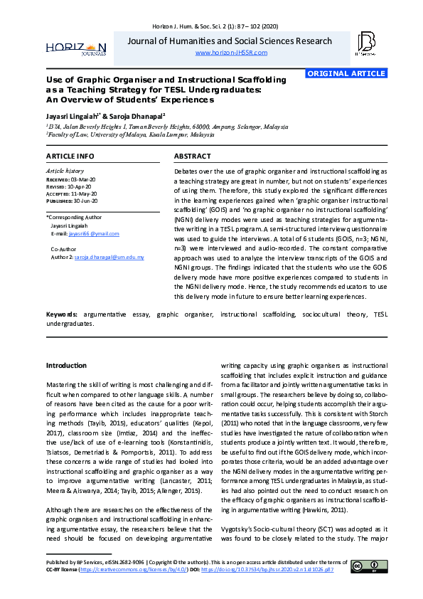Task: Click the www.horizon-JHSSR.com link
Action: [x=231, y=53]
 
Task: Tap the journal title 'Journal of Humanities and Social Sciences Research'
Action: [x=230, y=41]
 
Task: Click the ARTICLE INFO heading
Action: [x=70, y=156]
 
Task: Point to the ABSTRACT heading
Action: [x=192, y=156]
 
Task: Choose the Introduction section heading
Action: [x=66, y=366]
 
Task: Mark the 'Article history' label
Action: [x=64, y=171]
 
